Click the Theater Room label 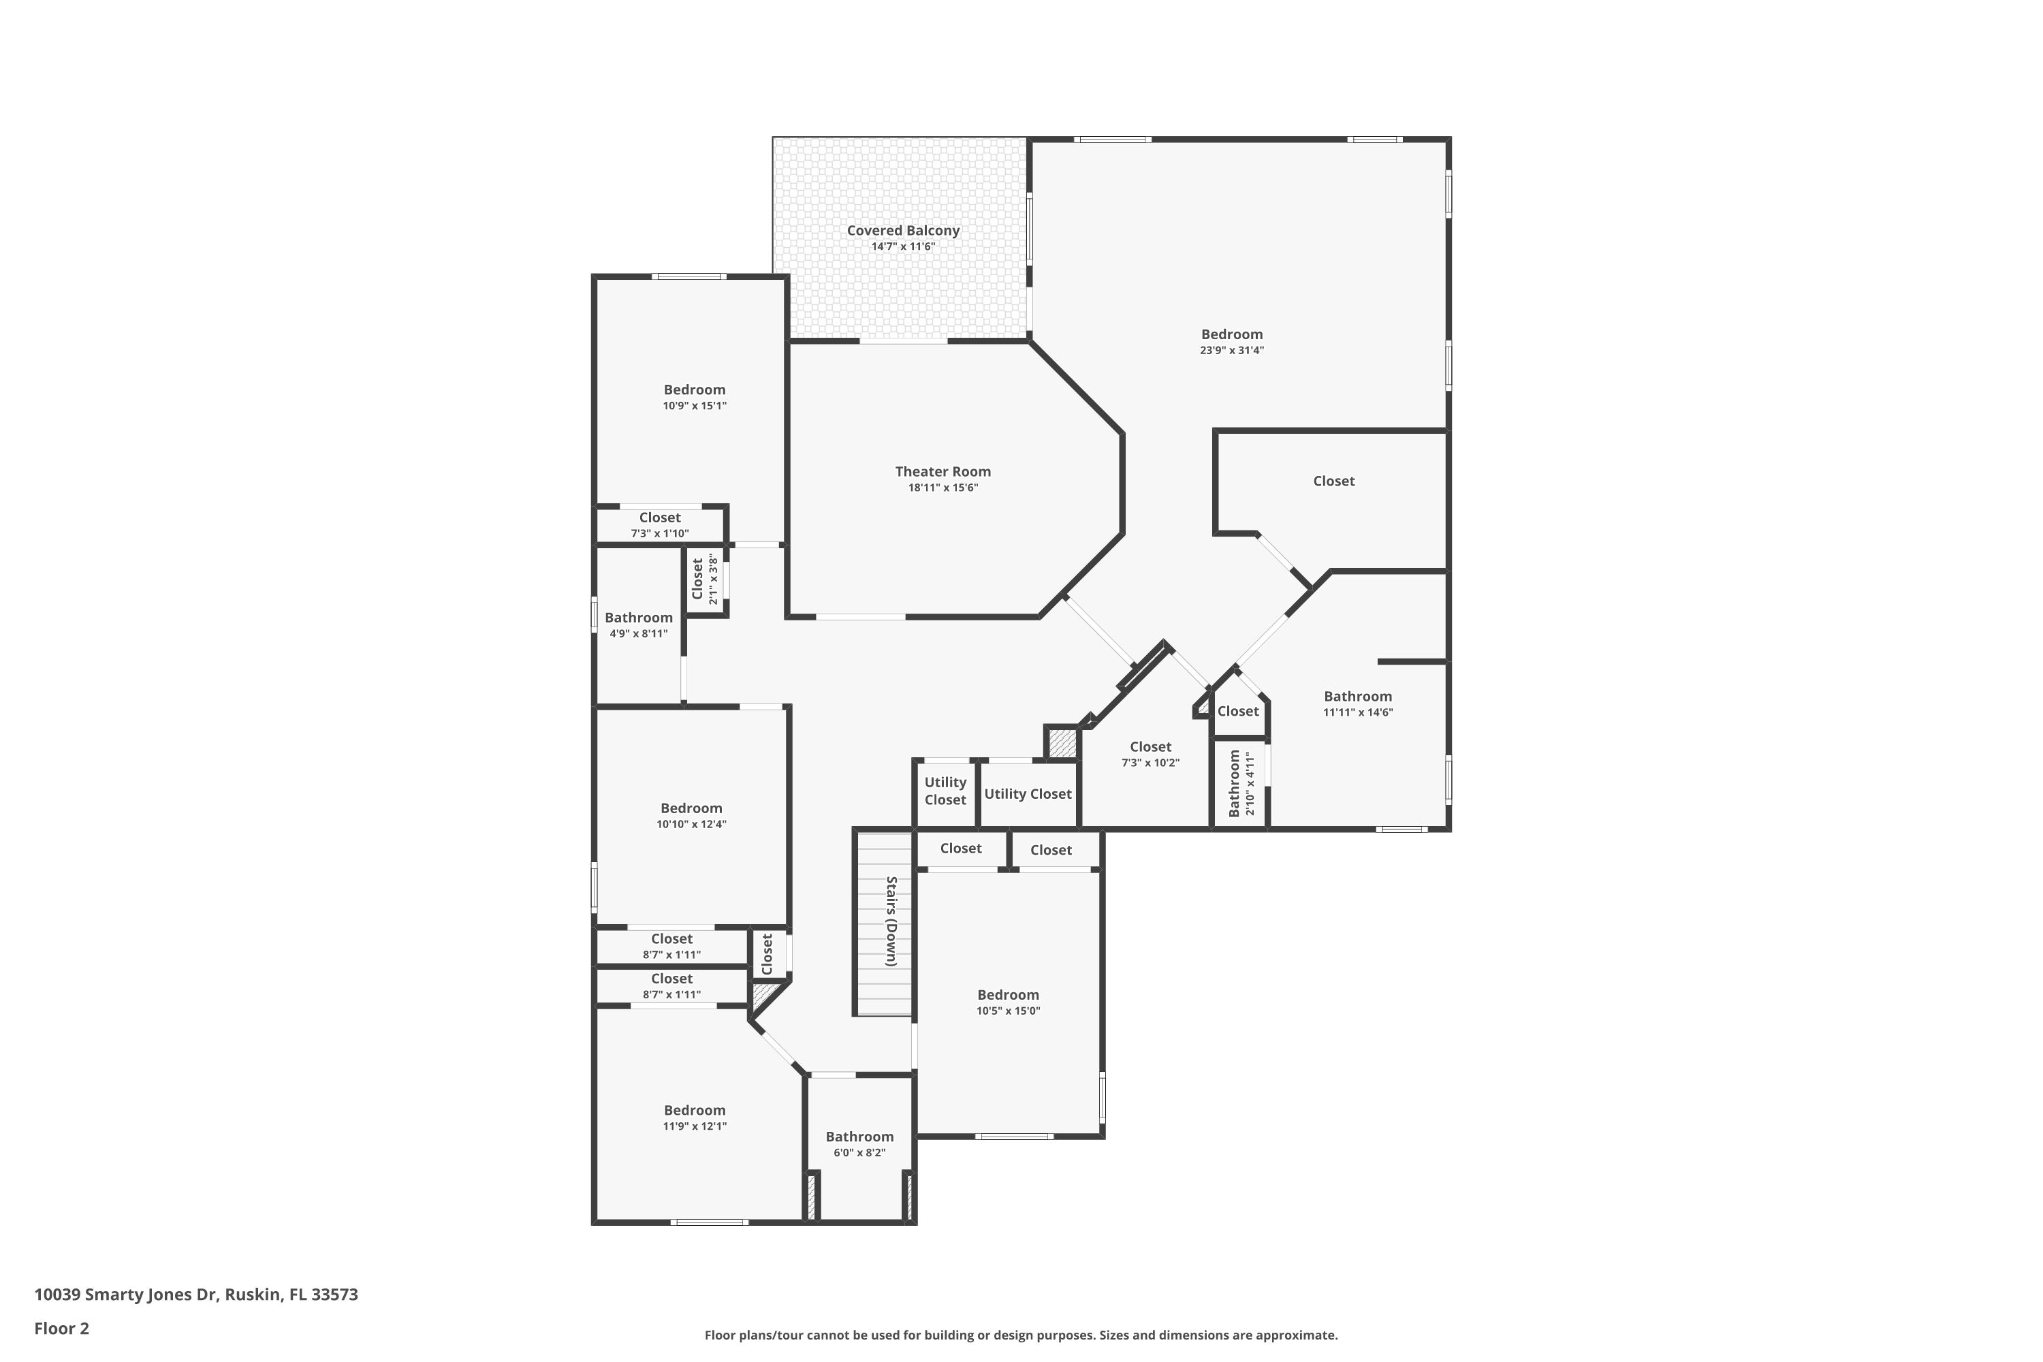[943, 472]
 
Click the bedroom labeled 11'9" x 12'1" [694, 1117]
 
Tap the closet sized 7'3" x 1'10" [659, 524]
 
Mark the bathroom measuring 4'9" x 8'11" [639, 624]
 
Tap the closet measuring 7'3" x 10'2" [1150, 754]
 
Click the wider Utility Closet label [1028, 794]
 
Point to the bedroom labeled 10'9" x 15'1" [694, 397]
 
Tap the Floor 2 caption [62, 1328]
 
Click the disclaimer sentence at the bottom [1021, 1335]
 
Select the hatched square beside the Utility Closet [1060, 744]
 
